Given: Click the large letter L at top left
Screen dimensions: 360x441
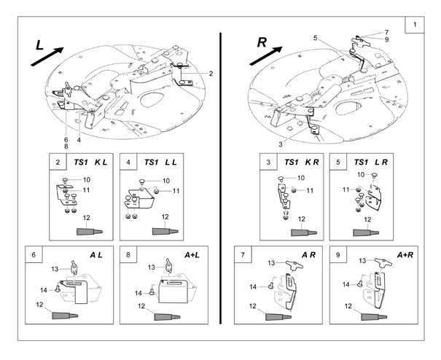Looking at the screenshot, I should [x=41, y=44].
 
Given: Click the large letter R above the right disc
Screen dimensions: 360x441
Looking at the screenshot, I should [x=262, y=43].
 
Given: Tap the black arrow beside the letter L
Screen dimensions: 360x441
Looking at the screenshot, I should [x=52, y=56].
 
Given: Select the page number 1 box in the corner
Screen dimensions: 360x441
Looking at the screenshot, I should [x=415, y=26].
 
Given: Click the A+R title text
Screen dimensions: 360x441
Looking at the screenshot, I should [x=406, y=256].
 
